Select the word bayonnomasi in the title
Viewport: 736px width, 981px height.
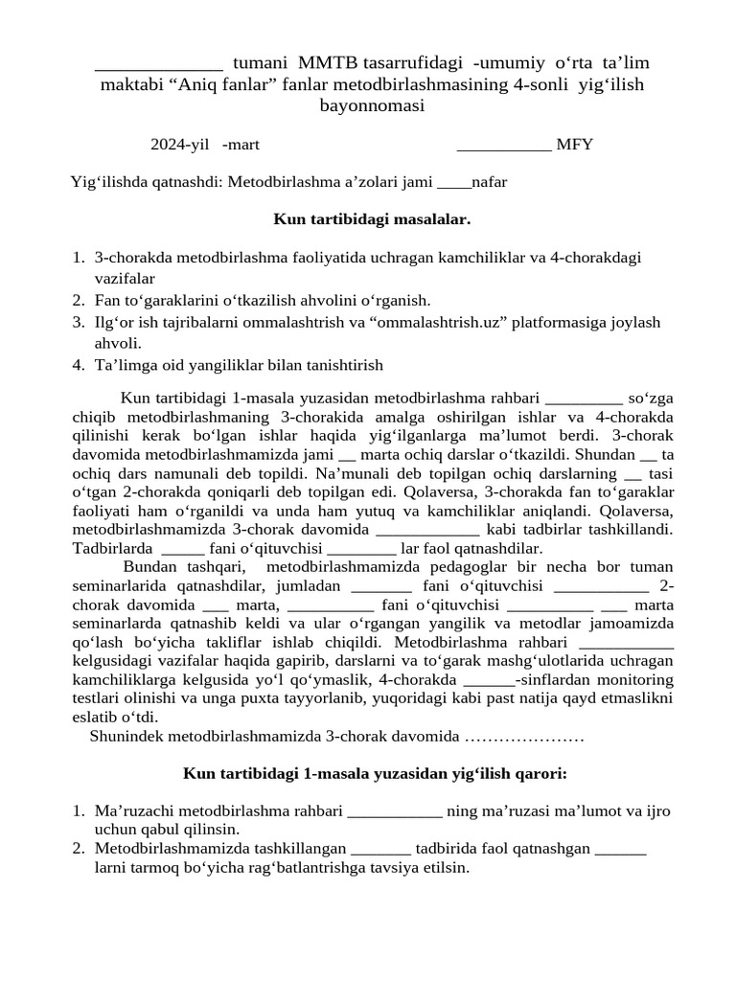coord(372,106)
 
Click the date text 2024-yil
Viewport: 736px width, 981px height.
coord(179,145)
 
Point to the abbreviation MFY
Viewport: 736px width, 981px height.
coord(574,145)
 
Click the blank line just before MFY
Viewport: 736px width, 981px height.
coord(504,147)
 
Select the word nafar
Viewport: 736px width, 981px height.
coord(490,182)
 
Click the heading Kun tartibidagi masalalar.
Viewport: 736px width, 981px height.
coord(372,219)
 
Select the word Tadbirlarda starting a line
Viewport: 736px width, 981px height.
coord(112,548)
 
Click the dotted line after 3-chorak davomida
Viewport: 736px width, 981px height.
coord(523,737)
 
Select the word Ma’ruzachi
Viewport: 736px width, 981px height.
coord(133,811)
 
